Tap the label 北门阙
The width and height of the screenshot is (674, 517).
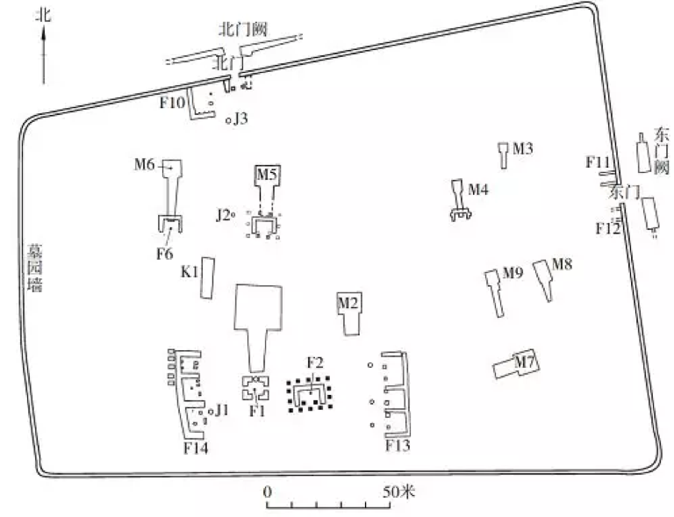[x=243, y=29]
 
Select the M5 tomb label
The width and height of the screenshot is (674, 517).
[x=267, y=174]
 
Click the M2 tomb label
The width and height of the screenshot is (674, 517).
[x=348, y=303]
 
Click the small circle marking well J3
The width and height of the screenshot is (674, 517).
[x=229, y=121]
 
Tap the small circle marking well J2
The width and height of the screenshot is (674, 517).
[x=233, y=214]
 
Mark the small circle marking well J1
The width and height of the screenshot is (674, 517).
[x=211, y=412]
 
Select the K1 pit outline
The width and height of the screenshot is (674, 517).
[x=208, y=278]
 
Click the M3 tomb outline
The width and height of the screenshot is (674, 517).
[x=504, y=155]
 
